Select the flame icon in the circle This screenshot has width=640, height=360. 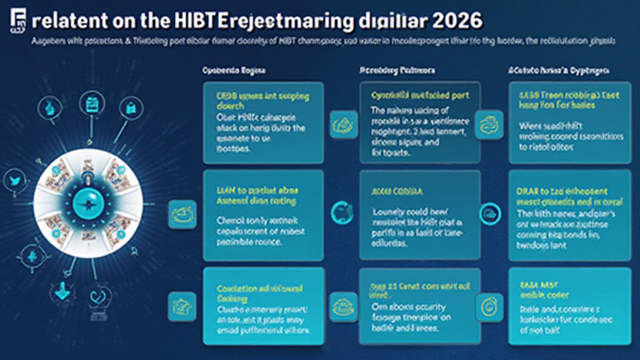tap(29, 255)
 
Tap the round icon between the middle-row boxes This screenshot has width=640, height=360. tap(341, 211)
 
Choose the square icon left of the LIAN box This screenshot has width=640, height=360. tap(182, 212)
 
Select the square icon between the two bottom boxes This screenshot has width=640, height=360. tap(341, 305)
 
